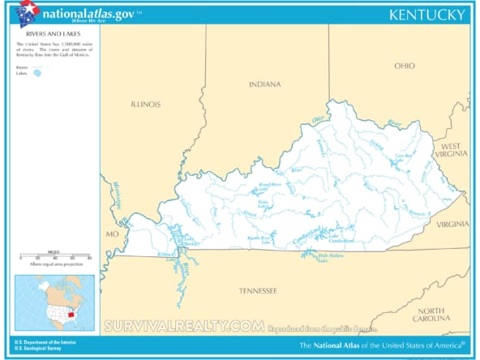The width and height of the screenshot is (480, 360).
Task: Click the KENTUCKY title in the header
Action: (426, 15)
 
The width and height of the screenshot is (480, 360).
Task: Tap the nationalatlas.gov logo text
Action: (88, 14)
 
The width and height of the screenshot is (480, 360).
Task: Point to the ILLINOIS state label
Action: (146, 104)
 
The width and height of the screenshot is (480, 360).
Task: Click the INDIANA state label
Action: (265, 84)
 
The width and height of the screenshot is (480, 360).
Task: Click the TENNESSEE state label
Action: (258, 290)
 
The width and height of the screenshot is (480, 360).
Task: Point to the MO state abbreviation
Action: (112, 234)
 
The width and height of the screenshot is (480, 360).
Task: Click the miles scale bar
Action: (54, 257)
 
